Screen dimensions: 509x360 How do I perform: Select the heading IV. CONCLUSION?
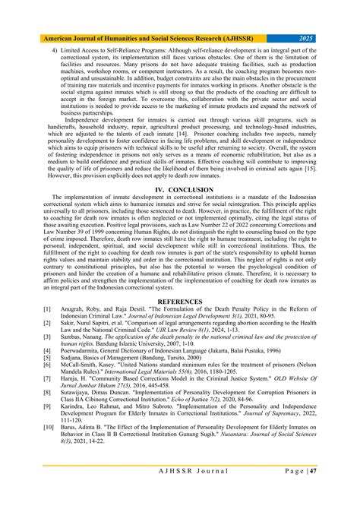181,188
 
